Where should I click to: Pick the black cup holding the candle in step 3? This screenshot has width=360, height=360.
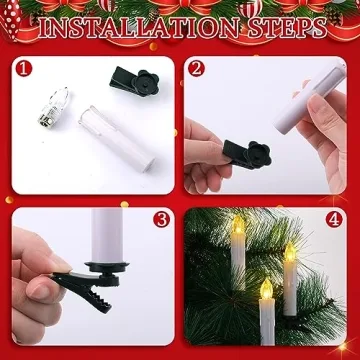click(107, 269)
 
